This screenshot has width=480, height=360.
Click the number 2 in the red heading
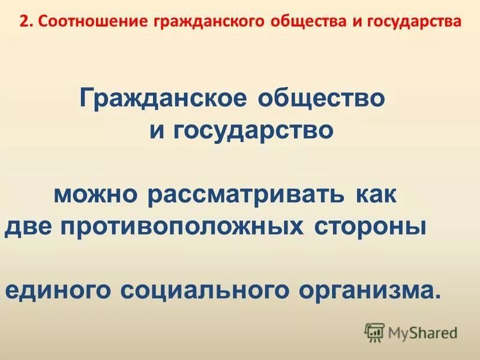22,22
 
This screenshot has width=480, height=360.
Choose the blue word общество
321,98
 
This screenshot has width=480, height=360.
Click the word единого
59,292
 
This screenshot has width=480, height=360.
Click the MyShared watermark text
422,331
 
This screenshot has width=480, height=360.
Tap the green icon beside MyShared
374,331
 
